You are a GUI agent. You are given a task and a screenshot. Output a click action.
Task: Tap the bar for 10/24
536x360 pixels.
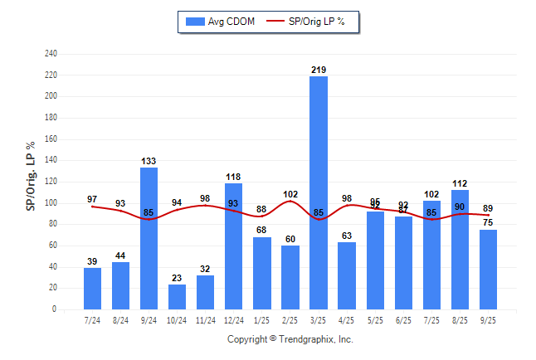178,297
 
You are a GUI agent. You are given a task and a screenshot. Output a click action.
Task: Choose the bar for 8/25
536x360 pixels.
460,249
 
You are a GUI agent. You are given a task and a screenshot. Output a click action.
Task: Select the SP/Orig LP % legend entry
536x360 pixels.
315,21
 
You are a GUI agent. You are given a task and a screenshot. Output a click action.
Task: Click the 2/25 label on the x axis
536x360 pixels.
290,320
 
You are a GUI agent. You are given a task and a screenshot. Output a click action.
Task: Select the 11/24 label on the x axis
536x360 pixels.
206,320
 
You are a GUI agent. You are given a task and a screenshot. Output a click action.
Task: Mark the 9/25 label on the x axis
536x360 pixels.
488,320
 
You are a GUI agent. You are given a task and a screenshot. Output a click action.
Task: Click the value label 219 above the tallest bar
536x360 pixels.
319,70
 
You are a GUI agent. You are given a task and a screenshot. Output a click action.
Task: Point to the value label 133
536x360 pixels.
149,161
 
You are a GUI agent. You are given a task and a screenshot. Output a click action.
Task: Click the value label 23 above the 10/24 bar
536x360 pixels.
178,279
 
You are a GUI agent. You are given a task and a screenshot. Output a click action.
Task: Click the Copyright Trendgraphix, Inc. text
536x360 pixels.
290,339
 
